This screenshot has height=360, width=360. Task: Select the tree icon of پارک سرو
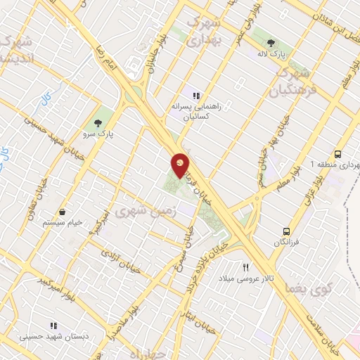point(107,119)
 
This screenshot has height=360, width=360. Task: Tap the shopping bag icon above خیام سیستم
point(63,212)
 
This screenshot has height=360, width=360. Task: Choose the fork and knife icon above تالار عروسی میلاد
point(245,267)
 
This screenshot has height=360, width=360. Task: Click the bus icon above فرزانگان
point(285,231)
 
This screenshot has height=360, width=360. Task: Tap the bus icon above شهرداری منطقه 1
point(338,153)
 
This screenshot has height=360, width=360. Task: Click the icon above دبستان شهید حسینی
point(53,326)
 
